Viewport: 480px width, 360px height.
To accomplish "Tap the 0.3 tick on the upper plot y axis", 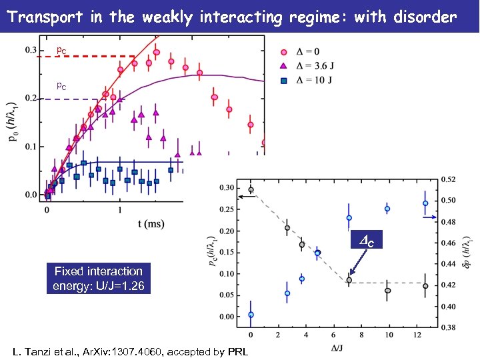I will pyautogui.click(x=31, y=50).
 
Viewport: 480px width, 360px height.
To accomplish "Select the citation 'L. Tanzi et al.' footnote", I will pyautogui.click(x=130, y=351).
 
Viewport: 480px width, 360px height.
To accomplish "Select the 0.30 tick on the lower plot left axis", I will pyautogui.click(x=227, y=187).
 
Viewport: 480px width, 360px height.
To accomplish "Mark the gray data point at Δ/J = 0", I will pyautogui.click(x=251, y=190).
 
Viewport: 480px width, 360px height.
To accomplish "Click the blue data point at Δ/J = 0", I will pyautogui.click(x=251, y=315).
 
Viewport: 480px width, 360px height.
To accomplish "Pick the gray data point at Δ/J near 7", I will pyautogui.click(x=349, y=280).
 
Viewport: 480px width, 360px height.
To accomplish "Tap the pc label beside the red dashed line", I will pyautogui.click(x=61, y=50).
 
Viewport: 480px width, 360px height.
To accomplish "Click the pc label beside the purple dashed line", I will pyautogui.click(x=61, y=86).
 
